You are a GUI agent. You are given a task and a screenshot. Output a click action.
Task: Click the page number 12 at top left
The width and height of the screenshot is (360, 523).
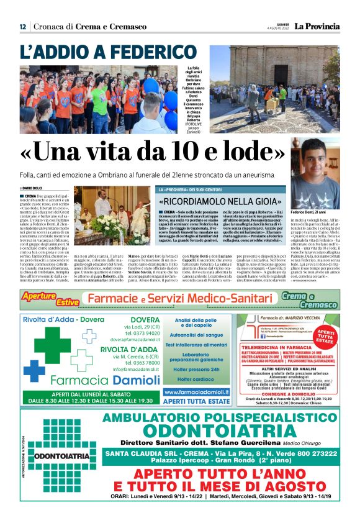(22, 27)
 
